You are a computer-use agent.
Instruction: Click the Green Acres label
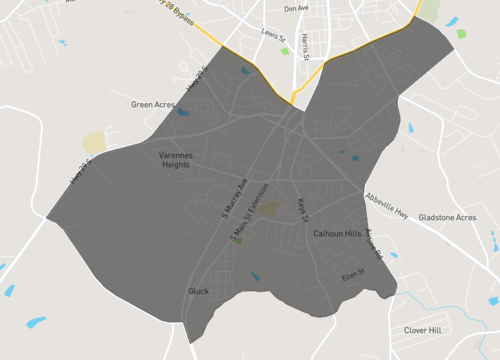coord(154,104)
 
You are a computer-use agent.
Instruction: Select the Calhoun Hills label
coord(337,233)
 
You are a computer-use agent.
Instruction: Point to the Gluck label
coord(198,291)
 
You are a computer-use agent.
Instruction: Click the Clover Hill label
coord(422,330)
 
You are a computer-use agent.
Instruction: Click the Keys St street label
coord(301,210)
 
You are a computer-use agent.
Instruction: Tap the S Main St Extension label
coord(251,219)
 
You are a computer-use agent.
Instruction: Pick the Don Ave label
coord(296,8)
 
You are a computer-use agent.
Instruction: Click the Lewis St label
coord(273,34)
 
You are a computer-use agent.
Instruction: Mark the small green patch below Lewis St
coord(285,51)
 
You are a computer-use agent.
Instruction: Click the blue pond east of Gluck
coord(255,277)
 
